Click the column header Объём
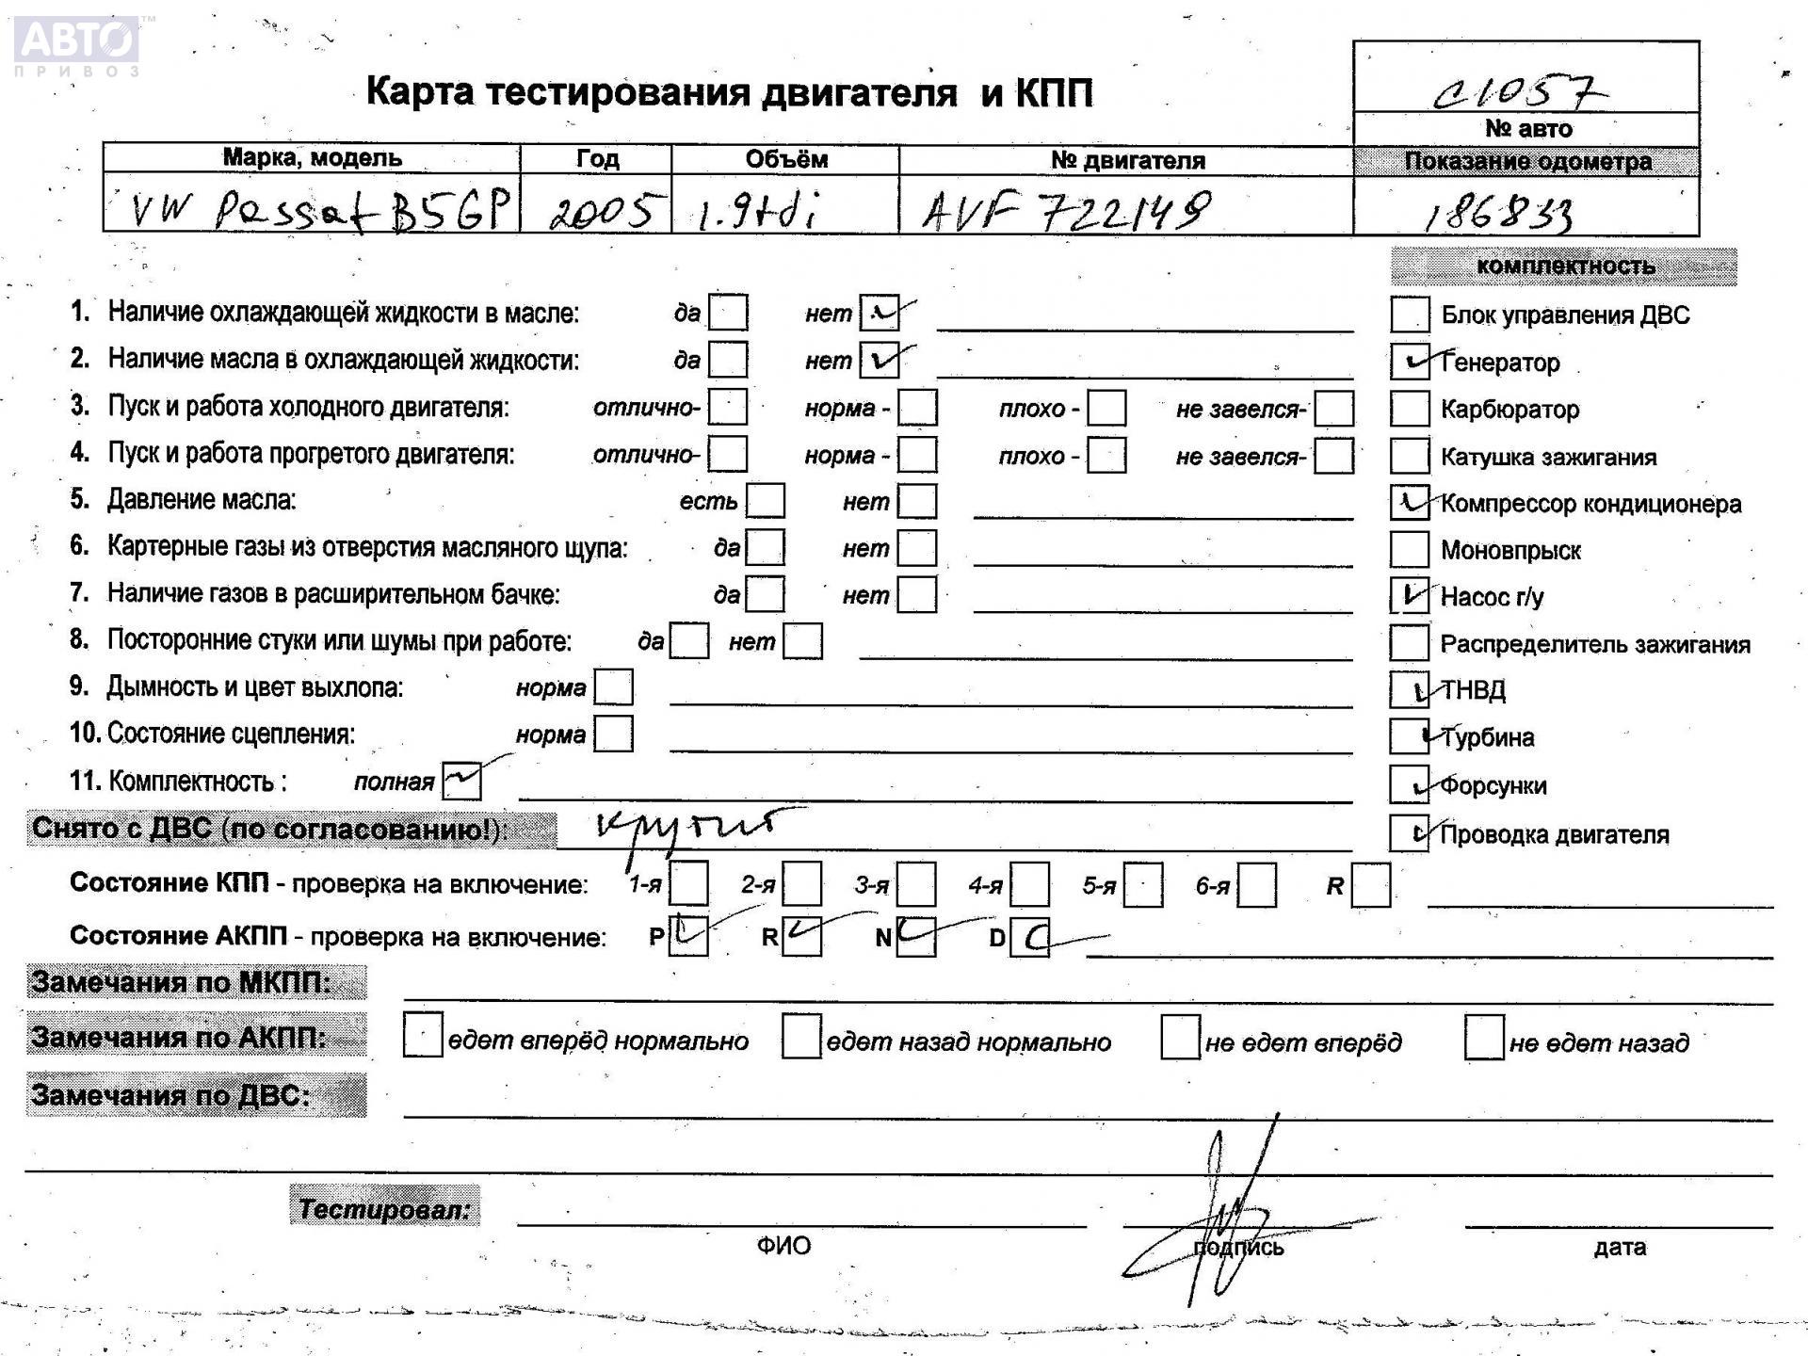tap(786, 159)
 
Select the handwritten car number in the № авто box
tap(1518, 91)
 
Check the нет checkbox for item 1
tap(880, 313)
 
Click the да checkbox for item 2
tap(728, 360)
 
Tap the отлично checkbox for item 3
tap(728, 407)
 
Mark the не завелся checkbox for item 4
tap(1333, 456)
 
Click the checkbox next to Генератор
tap(1410, 362)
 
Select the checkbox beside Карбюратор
tap(1410, 409)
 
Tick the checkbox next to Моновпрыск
tap(1410, 550)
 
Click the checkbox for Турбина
tap(1410, 736)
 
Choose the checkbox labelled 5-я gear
tap(1143, 885)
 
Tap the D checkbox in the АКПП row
tap(1029, 938)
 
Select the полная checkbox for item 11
tap(461, 781)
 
